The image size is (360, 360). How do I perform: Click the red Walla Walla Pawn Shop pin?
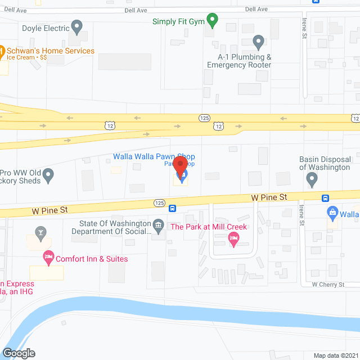[x=180, y=166]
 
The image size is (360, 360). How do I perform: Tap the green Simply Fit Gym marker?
[x=212, y=21]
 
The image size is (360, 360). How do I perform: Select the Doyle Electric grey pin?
[x=78, y=26]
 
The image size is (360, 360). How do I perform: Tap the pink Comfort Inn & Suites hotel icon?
[x=48, y=258]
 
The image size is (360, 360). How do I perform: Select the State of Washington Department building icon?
[x=159, y=226]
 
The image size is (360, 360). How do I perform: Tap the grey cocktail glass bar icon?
[x=40, y=231]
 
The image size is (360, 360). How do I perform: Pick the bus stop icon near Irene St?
[x=325, y=198]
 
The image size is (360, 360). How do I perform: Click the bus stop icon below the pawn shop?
[x=173, y=208]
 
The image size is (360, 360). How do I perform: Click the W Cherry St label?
[x=328, y=285]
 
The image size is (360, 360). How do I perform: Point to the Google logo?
[x=18, y=353]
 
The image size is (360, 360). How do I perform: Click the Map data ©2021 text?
[x=335, y=355]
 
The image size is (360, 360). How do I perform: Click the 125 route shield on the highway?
[x=204, y=118]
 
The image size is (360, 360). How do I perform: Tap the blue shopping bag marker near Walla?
[x=332, y=213]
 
